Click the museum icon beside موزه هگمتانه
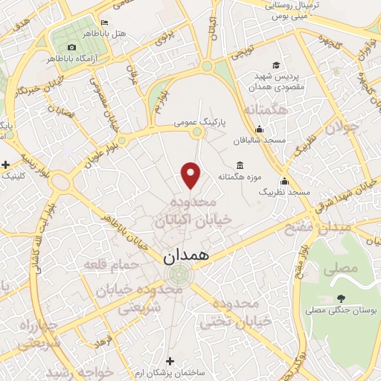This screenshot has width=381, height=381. click(239, 164)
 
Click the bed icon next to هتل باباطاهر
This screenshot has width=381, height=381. click(104, 22)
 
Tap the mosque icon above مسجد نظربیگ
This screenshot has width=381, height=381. click(284, 180)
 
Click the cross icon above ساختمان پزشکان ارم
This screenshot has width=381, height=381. click(170, 360)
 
